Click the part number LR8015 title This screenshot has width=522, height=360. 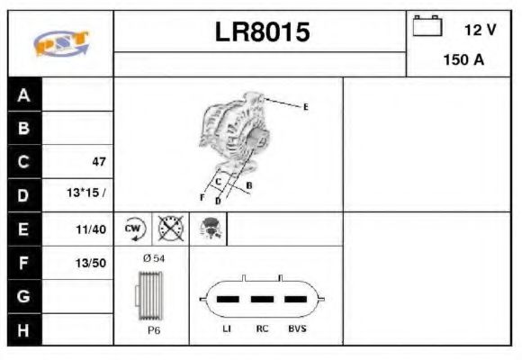pyautogui.click(x=262, y=33)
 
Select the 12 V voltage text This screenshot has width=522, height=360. pyautogui.click(x=480, y=30)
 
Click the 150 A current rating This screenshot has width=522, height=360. pyautogui.click(x=464, y=61)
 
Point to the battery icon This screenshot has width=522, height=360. pyautogui.click(x=427, y=27)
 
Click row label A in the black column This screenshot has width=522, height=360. pyautogui.click(x=24, y=95)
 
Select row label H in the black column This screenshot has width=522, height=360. pyautogui.click(x=24, y=329)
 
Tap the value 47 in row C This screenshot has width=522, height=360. pyautogui.click(x=99, y=162)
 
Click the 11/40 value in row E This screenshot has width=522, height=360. pyautogui.click(x=93, y=229)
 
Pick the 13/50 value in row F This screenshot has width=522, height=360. pyautogui.click(x=93, y=263)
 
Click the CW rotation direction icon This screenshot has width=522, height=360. pyautogui.click(x=134, y=229)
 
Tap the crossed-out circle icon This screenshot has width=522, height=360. pyautogui.click(x=171, y=229)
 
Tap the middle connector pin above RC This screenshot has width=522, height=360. pyautogui.click(x=261, y=298)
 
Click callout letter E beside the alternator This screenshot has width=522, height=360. pyautogui.click(x=305, y=107)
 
